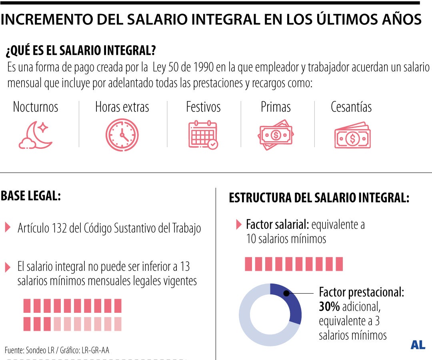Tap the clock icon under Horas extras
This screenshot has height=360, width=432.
[122, 135]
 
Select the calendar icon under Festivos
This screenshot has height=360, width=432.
[203, 135]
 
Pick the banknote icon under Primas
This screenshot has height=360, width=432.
[276, 135]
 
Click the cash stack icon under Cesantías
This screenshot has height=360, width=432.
[352, 135]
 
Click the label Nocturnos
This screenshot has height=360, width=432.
[36, 107]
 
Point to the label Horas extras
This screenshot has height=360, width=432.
[122, 107]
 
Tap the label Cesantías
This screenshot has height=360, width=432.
[351, 107]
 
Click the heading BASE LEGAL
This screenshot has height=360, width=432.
[30, 196]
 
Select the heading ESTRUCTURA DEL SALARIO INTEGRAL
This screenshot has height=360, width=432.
[319, 198]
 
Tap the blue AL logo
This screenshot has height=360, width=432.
[418, 345]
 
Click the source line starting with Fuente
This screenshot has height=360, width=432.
[57, 350]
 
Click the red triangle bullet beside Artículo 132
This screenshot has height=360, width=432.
[8, 228]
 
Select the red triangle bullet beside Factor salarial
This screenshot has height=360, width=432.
[239, 224]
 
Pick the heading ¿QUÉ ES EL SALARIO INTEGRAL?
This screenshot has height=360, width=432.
[80, 51]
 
